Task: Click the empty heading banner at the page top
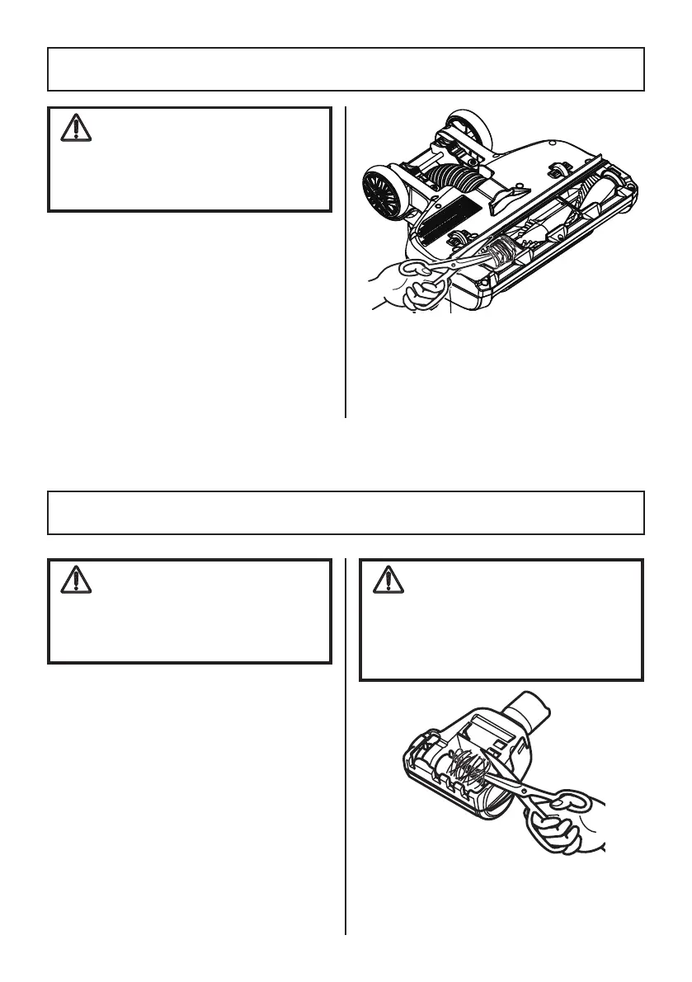pos(346,69)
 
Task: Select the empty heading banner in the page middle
pos(346,513)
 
